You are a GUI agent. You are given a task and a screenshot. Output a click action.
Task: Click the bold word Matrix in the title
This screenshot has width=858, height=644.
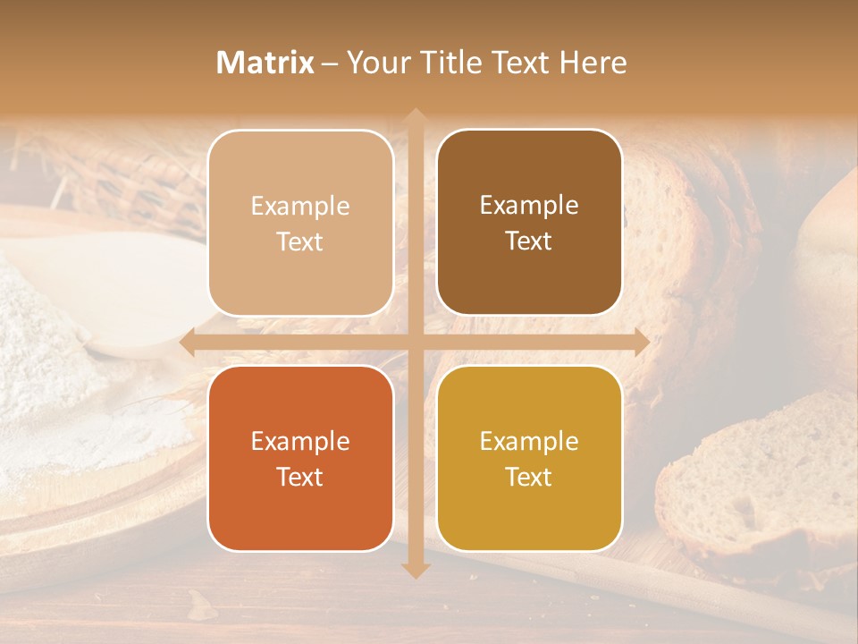click(265, 63)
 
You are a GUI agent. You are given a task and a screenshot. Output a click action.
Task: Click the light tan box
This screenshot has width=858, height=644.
click(300, 223)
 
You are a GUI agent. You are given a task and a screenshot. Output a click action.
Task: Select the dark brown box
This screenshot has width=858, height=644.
click(529, 222)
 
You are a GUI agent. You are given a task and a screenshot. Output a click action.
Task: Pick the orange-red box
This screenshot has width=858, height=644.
click(300, 458)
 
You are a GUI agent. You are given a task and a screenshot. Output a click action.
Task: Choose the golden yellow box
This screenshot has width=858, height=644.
click(529, 458)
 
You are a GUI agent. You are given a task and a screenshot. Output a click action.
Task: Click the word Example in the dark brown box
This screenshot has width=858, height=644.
click(529, 205)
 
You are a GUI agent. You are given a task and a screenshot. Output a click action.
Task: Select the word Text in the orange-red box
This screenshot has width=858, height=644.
click(300, 477)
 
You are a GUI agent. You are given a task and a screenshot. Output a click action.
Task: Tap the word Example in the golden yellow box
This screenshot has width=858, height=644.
click(529, 441)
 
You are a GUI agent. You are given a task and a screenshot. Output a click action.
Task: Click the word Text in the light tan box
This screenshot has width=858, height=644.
click(300, 241)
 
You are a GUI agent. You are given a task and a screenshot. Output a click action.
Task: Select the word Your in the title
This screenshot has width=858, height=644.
click(374, 63)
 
